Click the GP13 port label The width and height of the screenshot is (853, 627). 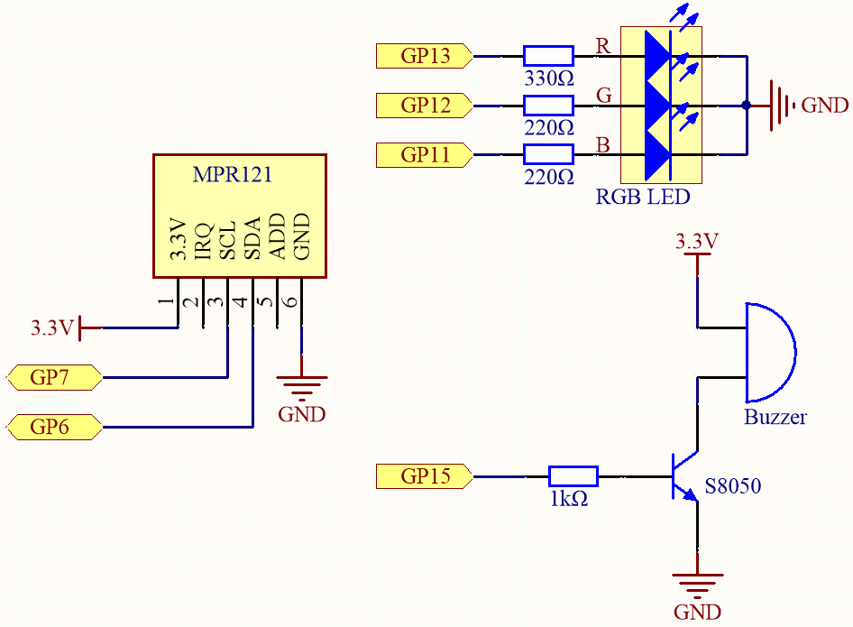(425, 56)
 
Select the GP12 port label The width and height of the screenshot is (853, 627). (425, 105)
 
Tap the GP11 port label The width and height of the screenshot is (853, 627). (425, 154)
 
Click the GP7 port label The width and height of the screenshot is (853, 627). (54, 377)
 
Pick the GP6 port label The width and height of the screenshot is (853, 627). (54, 427)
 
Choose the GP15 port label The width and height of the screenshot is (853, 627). (425, 476)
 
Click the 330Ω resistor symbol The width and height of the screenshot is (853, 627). (548, 56)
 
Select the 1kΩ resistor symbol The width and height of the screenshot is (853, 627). (573, 476)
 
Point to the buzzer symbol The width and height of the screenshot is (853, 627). (770, 353)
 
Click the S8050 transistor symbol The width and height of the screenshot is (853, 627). (684, 476)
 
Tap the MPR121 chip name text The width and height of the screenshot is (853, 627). (233, 174)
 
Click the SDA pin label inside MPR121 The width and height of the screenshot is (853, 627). (252, 238)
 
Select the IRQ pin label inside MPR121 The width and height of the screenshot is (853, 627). (203, 241)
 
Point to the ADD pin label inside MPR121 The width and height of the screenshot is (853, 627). (277, 236)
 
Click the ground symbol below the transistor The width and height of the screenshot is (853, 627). (697, 586)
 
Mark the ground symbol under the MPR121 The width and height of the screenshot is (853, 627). (302, 388)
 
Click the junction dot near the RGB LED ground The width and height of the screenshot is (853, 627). (747, 105)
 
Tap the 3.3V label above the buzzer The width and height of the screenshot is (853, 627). (697, 241)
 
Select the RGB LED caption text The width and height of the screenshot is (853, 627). (643, 197)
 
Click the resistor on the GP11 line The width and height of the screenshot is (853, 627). (548, 154)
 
